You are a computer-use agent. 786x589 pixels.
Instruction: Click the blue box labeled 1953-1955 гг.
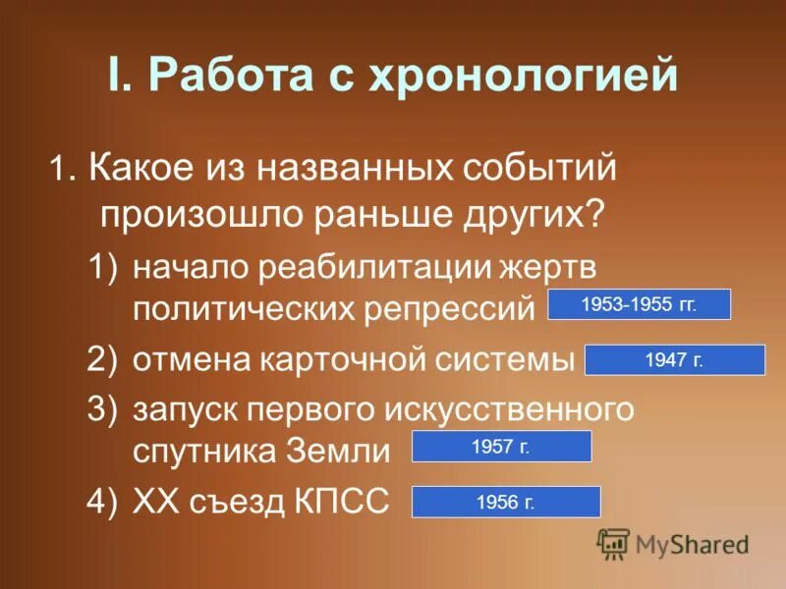point(639,304)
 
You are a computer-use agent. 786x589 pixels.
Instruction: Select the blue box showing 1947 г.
point(674,359)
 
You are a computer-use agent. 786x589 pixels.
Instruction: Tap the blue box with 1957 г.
point(501,447)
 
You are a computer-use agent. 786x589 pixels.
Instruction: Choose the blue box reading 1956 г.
point(505,502)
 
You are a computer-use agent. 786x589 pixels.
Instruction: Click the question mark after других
point(595,212)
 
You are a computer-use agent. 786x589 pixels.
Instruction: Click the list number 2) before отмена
point(102,359)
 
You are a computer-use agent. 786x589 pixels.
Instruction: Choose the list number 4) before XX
point(102,502)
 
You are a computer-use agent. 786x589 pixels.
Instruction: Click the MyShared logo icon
point(613,543)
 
